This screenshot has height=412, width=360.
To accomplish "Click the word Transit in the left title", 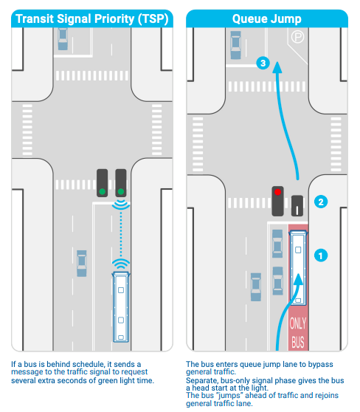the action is click(35, 19).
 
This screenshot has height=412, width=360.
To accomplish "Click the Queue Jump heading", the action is click(267, 19).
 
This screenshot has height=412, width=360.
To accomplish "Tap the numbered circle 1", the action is click(321, 255).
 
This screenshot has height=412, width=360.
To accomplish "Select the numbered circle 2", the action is click(321, 202).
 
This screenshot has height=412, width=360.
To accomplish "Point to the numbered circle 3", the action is click(263, 63).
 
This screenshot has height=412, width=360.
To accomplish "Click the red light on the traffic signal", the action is click(277, 192).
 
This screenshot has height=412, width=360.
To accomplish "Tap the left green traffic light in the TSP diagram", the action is click(102, 191).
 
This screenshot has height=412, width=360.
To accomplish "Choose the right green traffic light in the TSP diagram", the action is click(121, 191).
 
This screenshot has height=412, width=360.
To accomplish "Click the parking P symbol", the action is click(297, 37).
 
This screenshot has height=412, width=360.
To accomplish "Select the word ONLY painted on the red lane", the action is click(298, 323).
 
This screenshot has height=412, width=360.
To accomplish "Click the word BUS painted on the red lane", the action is click(298, 342).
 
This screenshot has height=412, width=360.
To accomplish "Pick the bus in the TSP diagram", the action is click(121, 306).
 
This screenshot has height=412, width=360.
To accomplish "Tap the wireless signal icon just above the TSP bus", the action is click(121, 264).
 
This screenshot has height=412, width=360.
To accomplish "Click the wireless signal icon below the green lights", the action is click(121, 205).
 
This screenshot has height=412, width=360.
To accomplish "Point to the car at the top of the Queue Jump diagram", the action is click(235, 45).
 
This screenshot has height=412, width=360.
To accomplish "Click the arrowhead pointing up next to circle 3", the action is click(277, 67).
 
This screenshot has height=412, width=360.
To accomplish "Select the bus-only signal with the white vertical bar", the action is click(297, 206).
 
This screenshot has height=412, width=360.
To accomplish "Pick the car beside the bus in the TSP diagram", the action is click(82, 264).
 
